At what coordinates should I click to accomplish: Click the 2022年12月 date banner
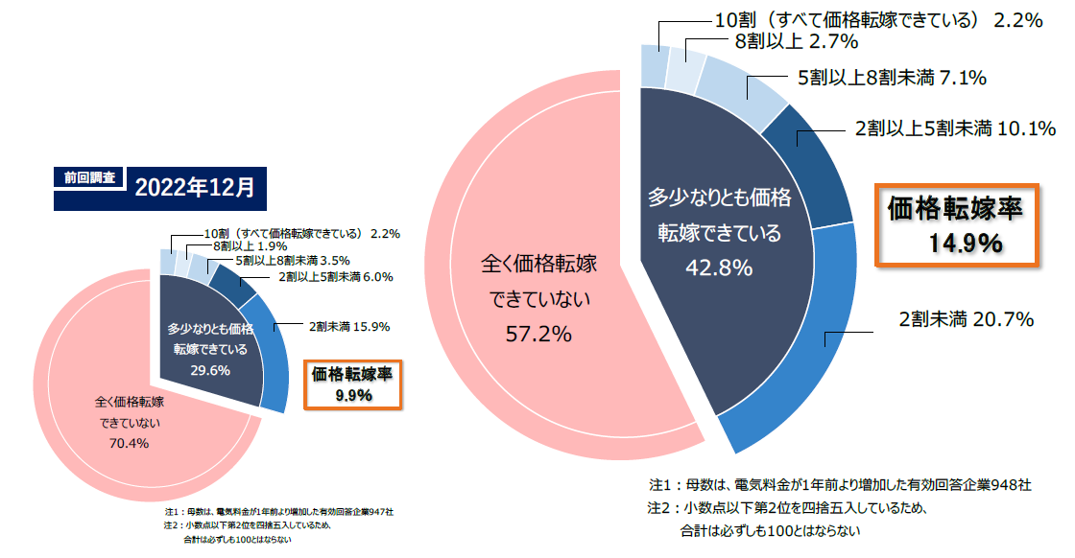[195, 186]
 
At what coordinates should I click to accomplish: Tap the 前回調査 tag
[89, 177]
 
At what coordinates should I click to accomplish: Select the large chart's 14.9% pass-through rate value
[965, 244]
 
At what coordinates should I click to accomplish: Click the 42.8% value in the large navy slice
[718, 267]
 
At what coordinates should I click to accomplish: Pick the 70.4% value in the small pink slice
[130, 443]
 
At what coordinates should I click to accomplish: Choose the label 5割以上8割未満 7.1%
[892, 78]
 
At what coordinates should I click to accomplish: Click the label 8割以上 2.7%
[796, 41]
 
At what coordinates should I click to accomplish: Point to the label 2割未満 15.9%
[348, 326]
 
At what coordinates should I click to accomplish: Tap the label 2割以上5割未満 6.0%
[336, 277]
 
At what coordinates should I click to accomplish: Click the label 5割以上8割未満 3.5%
[292, 260]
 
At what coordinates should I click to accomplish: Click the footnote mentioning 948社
[839, 485]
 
